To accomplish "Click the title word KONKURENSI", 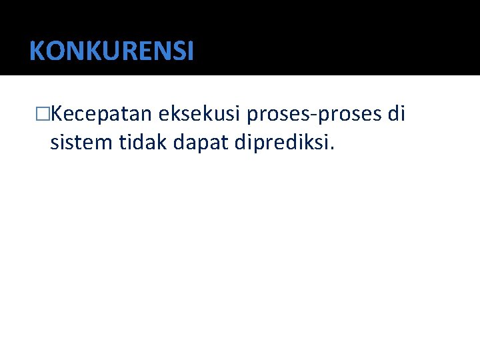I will [111, 51].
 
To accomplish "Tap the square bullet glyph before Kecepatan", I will [43, 115].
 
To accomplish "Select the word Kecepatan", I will [101, 115].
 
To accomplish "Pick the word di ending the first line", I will [396, 115].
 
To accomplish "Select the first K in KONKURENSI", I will [37, 51].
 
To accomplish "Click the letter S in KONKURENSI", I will [177, 51].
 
